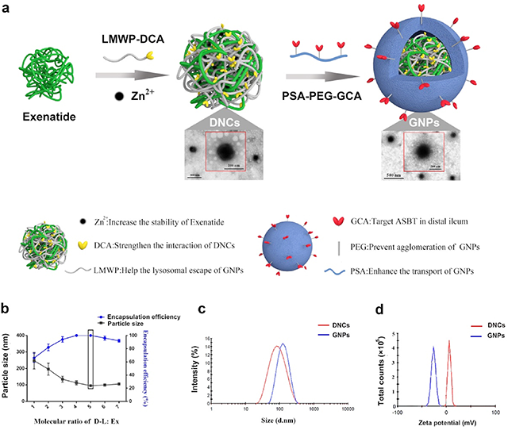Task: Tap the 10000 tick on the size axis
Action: tap(347, 409)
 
